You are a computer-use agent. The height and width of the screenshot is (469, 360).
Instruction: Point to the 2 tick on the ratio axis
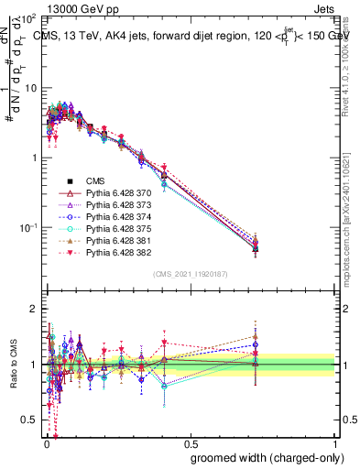point(31,309)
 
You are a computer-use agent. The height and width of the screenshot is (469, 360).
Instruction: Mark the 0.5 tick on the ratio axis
point(27,420)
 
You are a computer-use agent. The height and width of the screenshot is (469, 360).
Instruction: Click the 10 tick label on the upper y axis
point(29,88)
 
